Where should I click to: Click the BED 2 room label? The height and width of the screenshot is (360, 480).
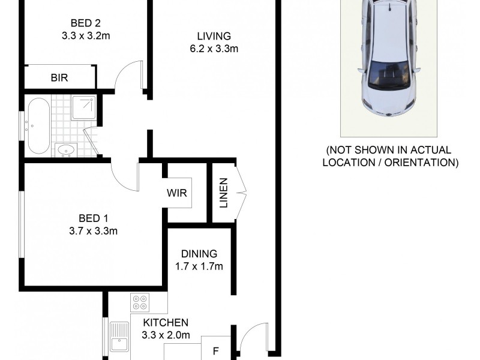click(85, 23)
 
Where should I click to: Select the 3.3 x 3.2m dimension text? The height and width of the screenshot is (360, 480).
click(85, 36)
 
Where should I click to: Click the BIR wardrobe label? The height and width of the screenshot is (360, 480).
click(59, 77)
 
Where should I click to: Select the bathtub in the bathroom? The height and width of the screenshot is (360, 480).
click(38, 125)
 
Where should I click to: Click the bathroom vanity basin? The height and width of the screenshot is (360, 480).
click(64, 149)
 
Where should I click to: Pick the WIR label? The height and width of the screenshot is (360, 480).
click(179, 193)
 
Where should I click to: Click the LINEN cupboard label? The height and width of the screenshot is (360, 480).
click(223, 193)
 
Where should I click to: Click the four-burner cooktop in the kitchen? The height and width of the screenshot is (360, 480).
click(141, 302)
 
